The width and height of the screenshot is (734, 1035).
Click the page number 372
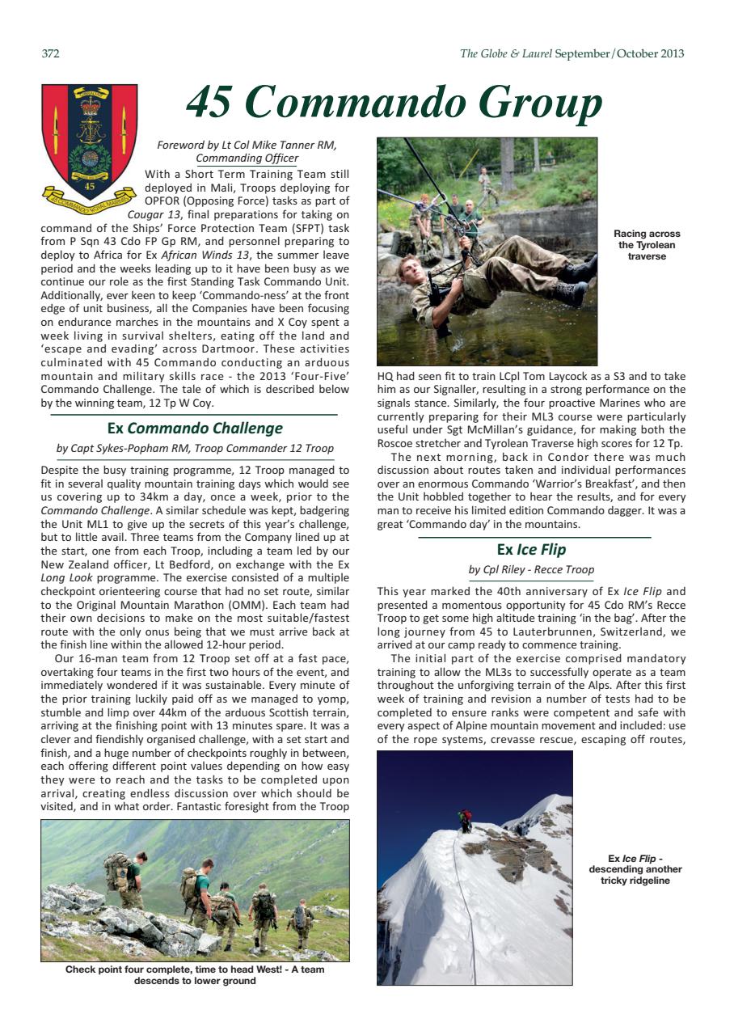(x=50, y=54)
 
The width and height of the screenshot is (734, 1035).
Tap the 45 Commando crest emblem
(x=89, y=143)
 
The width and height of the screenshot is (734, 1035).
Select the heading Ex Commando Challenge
(x=195, y=429)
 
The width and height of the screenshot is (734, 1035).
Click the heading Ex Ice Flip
(x=531, y=550)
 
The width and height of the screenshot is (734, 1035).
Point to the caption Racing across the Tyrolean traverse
(x=647, y=245)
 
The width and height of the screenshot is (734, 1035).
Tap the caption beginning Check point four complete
(x=195, y=975)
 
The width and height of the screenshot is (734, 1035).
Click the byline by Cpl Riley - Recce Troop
(x=531, y=569)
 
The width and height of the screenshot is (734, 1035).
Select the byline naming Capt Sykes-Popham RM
(x=195, y=448)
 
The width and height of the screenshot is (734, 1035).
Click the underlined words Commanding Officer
(x=247, y=158)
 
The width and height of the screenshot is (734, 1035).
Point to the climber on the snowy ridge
(x=464, y=821)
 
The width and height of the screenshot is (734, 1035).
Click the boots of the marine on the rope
(x=576, y=279)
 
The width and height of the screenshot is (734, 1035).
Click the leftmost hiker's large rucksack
(x=116, y=872)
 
